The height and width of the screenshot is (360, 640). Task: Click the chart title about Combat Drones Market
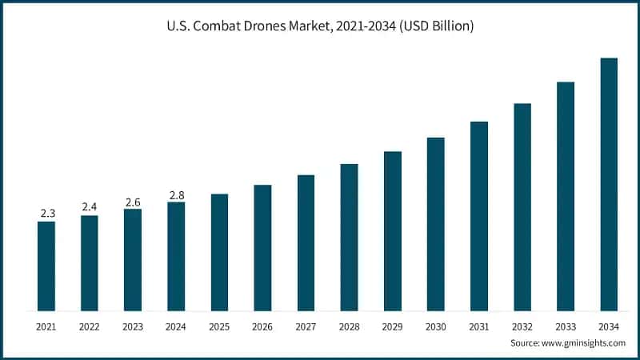[320, 26]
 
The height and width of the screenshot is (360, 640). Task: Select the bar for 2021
[46, 266]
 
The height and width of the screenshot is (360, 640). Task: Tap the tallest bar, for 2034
[609, 184]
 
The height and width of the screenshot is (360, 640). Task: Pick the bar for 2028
[349, 237]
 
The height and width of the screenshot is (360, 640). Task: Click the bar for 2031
[479, 216]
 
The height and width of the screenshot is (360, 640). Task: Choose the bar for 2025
[219, 252]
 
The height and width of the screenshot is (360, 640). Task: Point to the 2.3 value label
[46, 214]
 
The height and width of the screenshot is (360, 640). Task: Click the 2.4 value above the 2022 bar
[90, 207]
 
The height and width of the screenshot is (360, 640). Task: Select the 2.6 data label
[133, 202]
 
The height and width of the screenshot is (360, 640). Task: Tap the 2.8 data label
[176, 194]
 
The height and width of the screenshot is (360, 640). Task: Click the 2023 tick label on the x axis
[133, 327]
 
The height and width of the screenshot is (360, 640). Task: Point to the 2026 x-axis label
[262, 327]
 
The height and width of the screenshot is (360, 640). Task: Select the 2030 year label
[435, 327]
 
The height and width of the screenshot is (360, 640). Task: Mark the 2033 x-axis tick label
[566, 327]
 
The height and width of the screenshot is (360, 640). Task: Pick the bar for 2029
[392, 230]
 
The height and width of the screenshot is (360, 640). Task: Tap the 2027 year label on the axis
[306, 327]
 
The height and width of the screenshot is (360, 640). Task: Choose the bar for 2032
[522, 206]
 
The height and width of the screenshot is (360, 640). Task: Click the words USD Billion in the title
[438, 26]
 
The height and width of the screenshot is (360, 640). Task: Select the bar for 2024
[176, 256]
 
